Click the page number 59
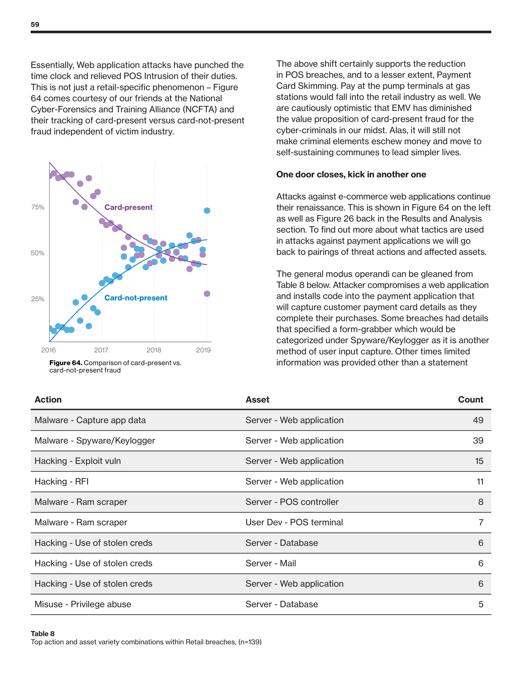click(x=35, y=25)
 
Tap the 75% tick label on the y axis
click(x=38, y=207)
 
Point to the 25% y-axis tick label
click(x=38, y=299)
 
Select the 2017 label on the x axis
click(x=101, y=350)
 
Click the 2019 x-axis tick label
click(x=203, y=350)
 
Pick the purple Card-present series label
click(x=128, y=207)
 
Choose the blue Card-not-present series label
click(x=136, y=298)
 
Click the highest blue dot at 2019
click(x=207, y=210)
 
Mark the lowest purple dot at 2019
click(x=207, y=294)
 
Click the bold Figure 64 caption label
click(x=66, y=363)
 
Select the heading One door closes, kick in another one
click(x=351, y=174)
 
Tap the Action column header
click(x=48, y=399)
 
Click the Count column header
click(x=470, y=399)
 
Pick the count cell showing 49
click(x=478, y=420)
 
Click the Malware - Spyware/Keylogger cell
click(x=95, y=440)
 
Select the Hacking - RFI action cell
click(x=61, y=481)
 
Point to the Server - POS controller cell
click(x=292, y=502)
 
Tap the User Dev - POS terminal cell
click(x=294, y=522)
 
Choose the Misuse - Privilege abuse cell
click(x=83, y=604)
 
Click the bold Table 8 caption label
click(x=43, y=634)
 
